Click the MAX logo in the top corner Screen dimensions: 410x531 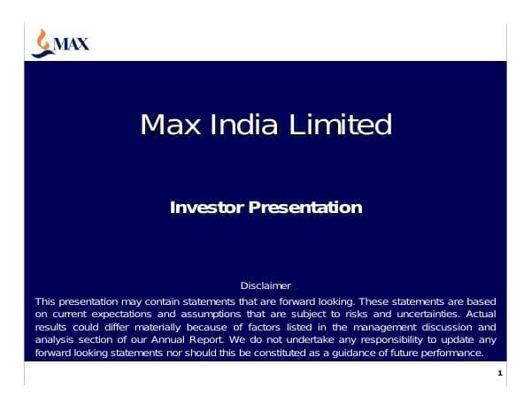pos(60,42)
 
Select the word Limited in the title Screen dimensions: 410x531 pos(340,125)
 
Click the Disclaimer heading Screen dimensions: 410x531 pos(265,285)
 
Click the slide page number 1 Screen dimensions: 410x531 pos(500,375)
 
